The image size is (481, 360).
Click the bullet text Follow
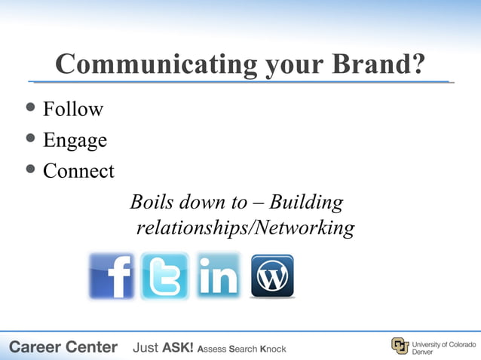click(72, 109)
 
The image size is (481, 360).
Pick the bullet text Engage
click(75, 141)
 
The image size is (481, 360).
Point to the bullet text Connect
click(78, 171)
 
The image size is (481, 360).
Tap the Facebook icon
click(111, 276)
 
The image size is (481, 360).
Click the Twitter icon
click(164, 276)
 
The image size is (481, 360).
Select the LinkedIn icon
click(218, 276)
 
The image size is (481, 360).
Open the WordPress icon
click(272, 276)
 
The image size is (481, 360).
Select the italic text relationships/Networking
click(245, 227)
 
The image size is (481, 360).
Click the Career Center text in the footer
click(63, 347)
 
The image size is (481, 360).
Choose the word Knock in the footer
click(273, 349)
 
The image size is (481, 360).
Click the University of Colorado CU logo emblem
click(400, 346)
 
